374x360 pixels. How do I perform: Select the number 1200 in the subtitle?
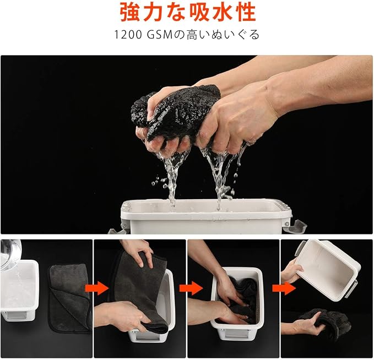click(128, 35)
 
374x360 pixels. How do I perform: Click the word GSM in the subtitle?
click(159, 35)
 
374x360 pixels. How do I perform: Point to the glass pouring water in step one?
click(10, 253)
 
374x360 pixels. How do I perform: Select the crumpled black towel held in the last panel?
click(324, 322)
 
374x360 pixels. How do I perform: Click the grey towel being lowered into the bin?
click(140, 291)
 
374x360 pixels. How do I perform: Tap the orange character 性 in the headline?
click(243, 12)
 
